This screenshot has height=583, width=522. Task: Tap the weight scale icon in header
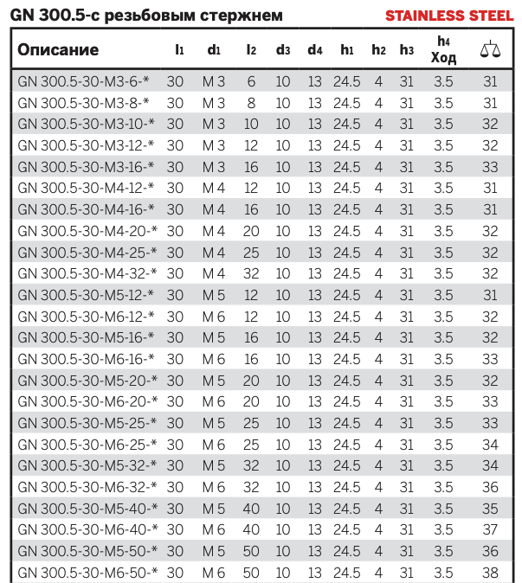pos(489,49)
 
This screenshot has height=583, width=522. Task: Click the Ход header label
pos(442,58)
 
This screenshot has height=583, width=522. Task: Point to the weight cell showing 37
pos(490,529)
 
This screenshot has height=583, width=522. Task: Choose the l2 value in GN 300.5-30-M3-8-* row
pos(251,102)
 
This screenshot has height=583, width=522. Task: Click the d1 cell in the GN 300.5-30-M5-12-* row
pos(214,294)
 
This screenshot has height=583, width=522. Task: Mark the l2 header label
pos(251,49)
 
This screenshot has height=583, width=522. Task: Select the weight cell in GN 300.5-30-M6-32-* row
pos(490,486)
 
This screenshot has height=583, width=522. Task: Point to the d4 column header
pos(314,49)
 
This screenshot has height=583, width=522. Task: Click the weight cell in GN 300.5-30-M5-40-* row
pos(490,507)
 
